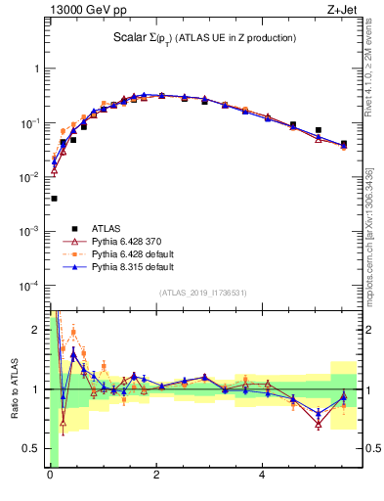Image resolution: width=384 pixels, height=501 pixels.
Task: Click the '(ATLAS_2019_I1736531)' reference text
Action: click(203, 294)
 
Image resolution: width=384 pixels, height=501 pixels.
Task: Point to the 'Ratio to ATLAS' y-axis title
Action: click(14, 388)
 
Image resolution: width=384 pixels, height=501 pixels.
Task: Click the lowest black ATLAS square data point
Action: click(54, 199)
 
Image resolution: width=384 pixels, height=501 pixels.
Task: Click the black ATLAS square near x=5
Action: click(318, 130)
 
